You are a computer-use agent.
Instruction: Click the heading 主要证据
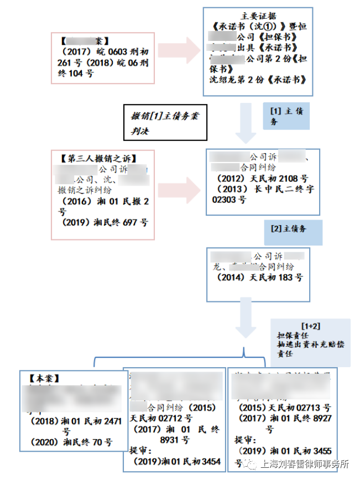[259, 15]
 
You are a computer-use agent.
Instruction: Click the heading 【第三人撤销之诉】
[97, 158]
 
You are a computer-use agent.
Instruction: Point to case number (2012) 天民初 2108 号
[263, 178]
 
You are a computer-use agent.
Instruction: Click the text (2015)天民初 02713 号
[285, 408]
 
